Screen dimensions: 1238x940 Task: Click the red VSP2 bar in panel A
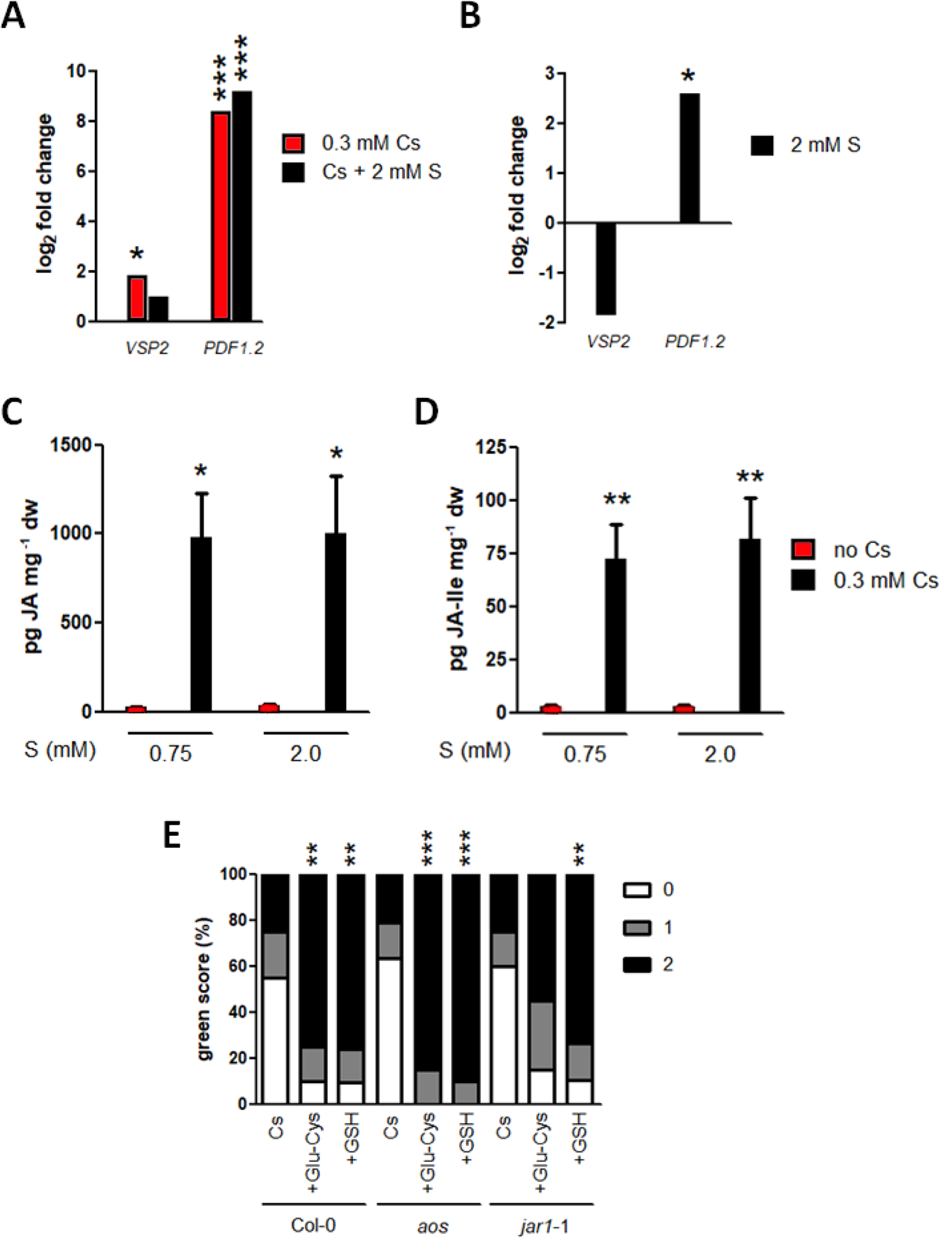click(137, 298)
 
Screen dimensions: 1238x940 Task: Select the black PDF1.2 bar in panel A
click(241, 206)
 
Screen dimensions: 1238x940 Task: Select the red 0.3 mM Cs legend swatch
click(293, 143)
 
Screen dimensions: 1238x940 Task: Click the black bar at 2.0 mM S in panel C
click(335, 621)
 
